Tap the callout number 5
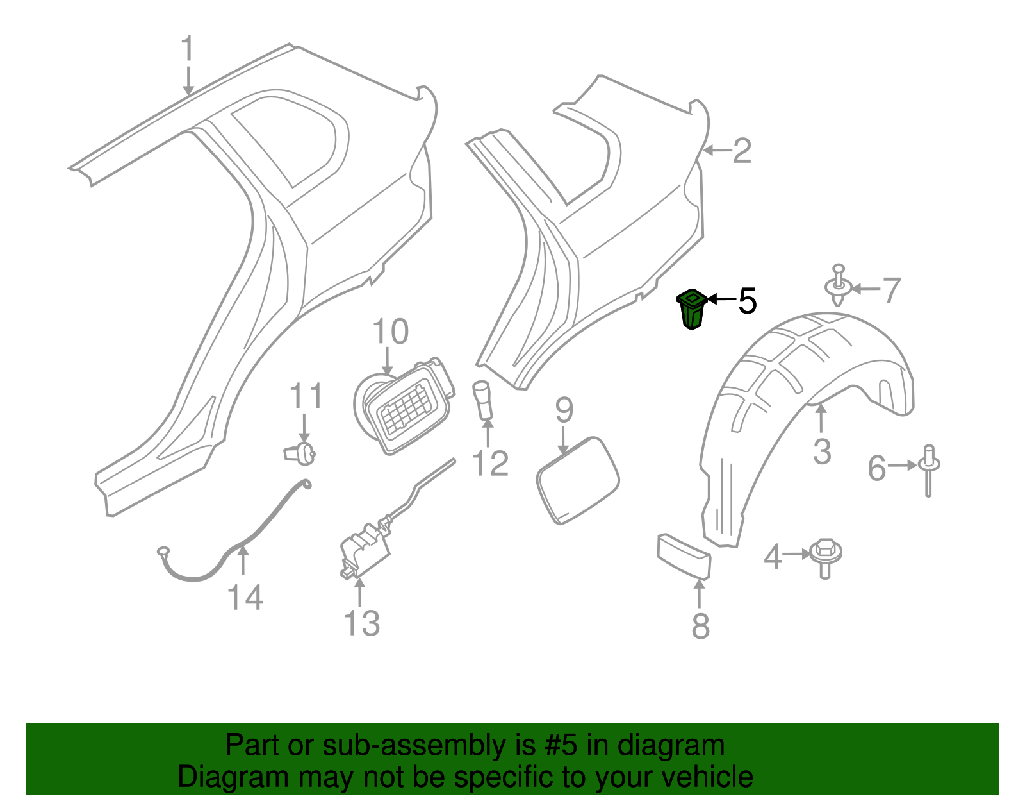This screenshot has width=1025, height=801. (x=747, y=300)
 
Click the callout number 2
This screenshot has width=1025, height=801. (x=741, y=151)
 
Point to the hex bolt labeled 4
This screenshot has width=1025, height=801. (x=825, y=555)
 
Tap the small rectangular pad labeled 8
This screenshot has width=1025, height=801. (x=684, y=556)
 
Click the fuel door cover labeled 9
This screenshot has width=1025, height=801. (x=577, y=480)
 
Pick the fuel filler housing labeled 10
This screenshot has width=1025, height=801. (x=404, y=407)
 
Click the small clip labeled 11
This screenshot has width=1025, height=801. (x=300, y=453)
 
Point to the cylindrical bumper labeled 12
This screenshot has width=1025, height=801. (x=482, y=400)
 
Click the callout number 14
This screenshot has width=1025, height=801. (x=245, y=598)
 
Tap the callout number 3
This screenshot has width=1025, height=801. (x=822, y=451)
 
